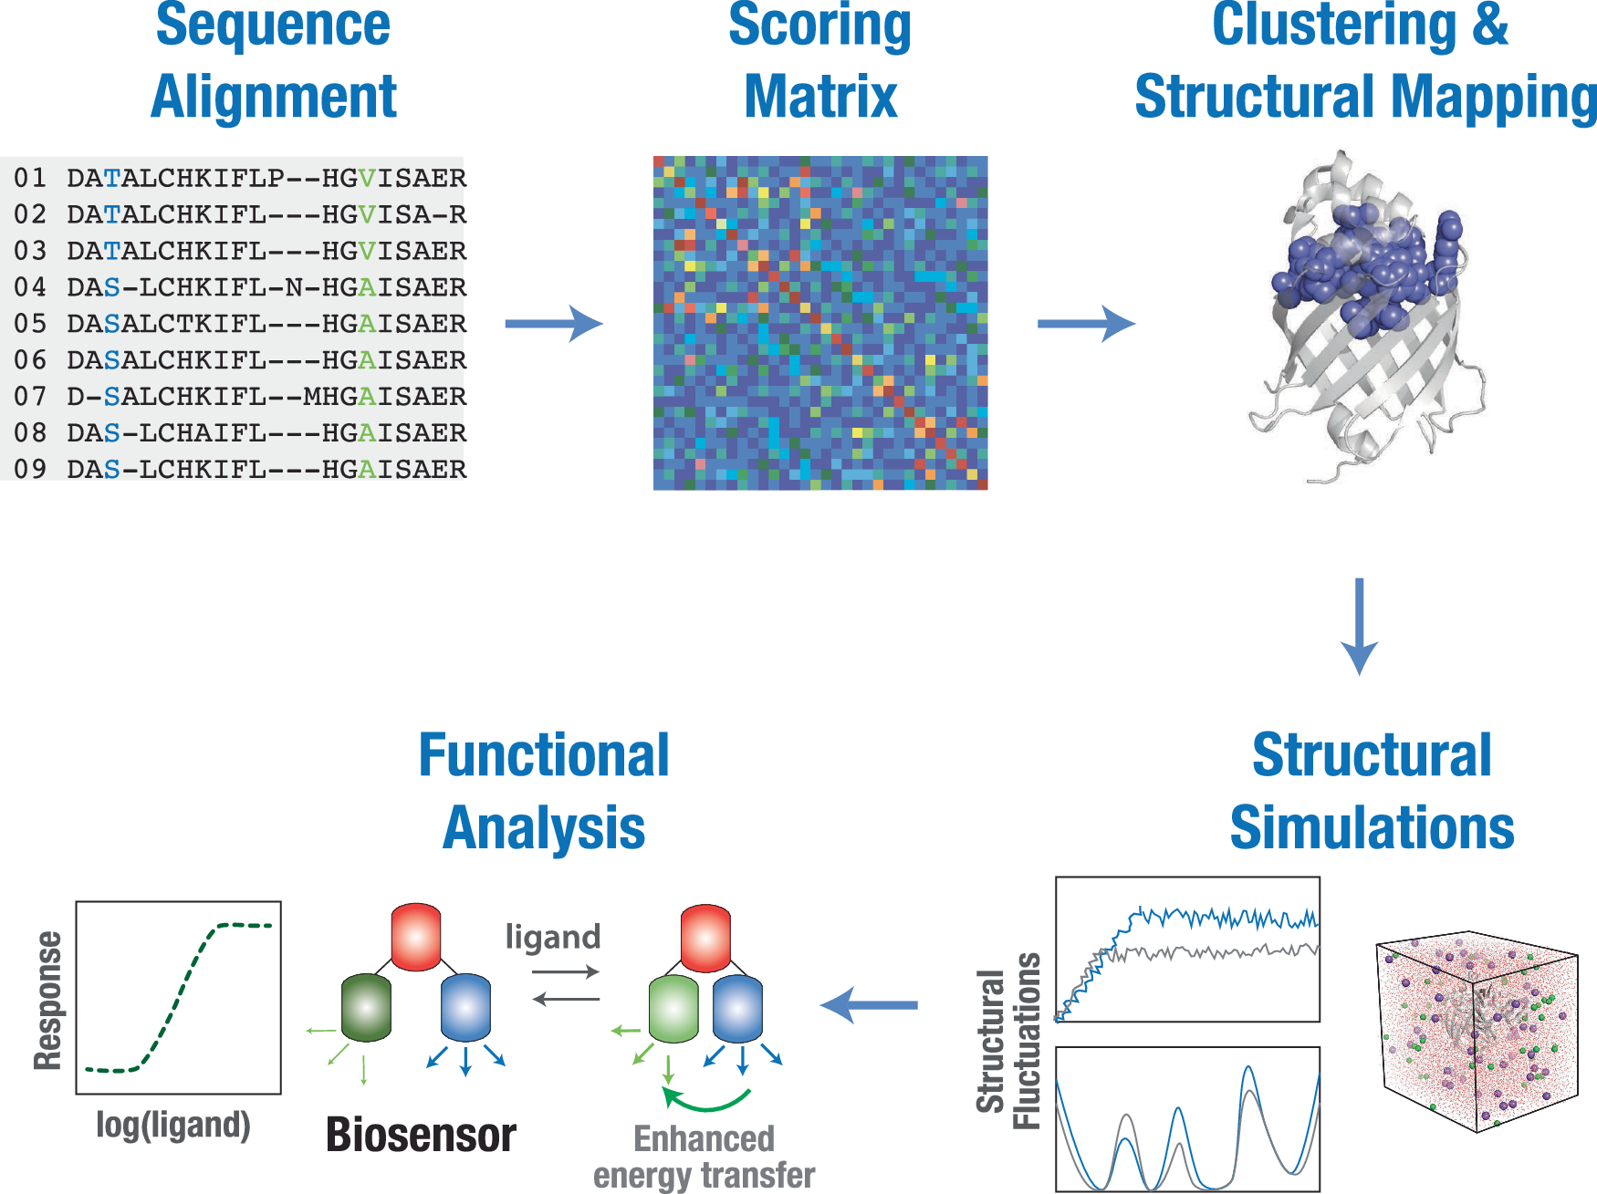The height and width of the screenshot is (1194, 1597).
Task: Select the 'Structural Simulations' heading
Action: tap(1372, 791)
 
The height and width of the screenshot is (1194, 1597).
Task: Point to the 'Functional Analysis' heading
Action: tap(544, 791)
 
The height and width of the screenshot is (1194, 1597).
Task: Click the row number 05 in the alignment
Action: tap(30, 324)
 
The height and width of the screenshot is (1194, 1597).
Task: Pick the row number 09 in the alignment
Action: tap(30, 470)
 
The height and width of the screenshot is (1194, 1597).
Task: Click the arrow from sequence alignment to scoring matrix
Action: tap(554, 323)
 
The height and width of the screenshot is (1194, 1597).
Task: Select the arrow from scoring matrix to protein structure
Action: tap(1086, 323)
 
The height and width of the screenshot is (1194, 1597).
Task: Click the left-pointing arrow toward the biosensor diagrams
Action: tap(869, 1004)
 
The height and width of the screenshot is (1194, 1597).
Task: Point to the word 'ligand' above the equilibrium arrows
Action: tap(553, 937)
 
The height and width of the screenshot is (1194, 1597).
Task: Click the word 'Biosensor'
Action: tap(421, 1135)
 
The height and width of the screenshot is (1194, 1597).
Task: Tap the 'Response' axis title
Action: tap(48, 1000)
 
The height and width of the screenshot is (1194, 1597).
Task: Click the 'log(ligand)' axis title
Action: tap(173, 1125)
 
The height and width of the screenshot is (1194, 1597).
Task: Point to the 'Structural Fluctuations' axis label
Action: tap(1008, 1041)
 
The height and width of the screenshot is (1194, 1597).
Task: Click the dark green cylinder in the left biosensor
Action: tap(366, 1007)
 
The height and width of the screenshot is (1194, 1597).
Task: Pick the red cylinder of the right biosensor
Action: tap(705, 938)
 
